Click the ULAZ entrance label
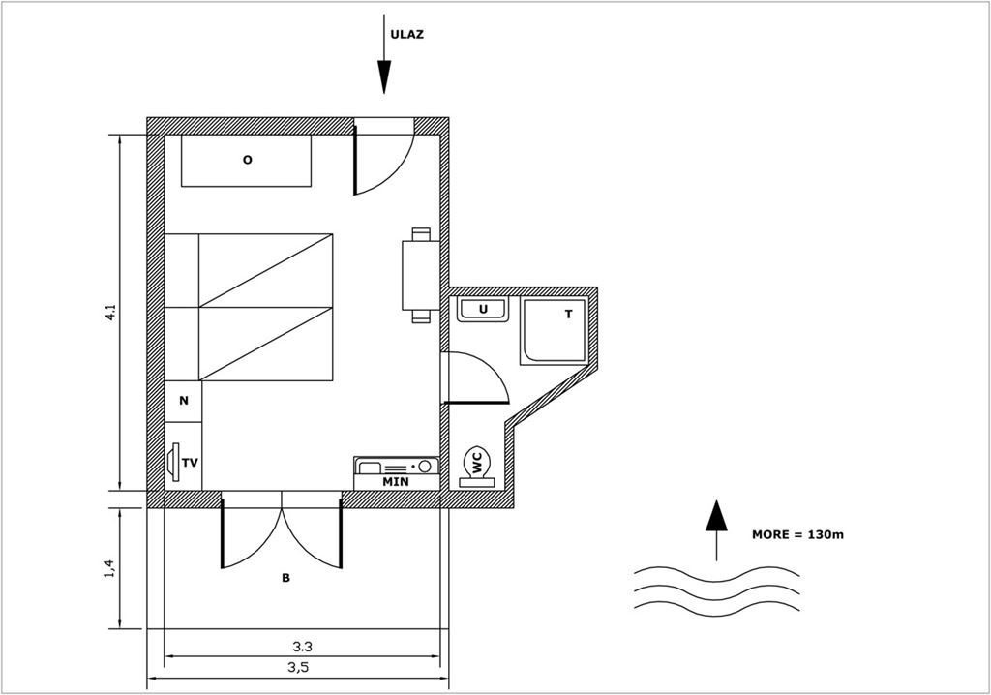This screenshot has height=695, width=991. click(x=407, y=35)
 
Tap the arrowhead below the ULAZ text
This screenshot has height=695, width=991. click(x=383, y=76)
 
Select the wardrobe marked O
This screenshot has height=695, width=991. click(x=247, y=161)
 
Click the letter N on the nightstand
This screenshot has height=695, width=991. click(x=184, y=401)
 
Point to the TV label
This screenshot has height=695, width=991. click(x=190, y=463)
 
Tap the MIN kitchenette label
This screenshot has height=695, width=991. click(x=396, y=482)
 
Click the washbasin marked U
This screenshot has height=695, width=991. click(x=484, y=309)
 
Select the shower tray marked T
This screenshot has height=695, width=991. click(x=555, y=331)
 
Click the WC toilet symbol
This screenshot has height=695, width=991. click(x=476, y=468)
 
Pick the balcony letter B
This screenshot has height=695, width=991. click(x=285, y=578)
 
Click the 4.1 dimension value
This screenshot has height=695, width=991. click(x=111, y=313)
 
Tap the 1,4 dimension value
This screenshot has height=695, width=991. click(x=111, y=568)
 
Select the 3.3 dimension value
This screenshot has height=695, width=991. click(x=303, y=647)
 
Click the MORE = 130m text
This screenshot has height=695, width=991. click(x=797, y=534)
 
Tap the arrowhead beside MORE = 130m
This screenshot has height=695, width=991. click(x=716, y=515)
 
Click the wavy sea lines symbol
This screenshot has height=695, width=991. click(x=717, y=591)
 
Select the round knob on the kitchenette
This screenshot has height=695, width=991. click(x=425, y=466)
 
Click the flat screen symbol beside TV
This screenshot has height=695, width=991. click(x=174, y=463)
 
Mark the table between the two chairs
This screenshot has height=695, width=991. click(x=420, y=275)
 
